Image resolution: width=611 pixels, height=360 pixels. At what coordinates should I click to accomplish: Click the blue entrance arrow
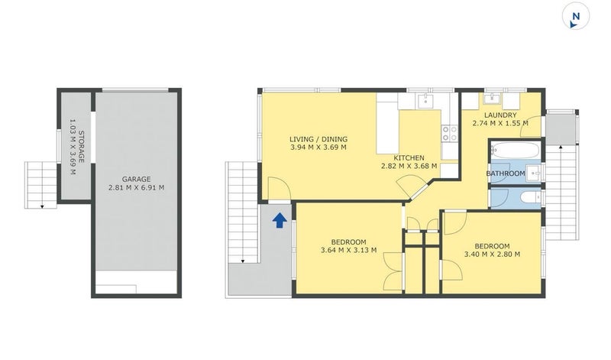[280, 221]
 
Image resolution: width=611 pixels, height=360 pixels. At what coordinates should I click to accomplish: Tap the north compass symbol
[575, 17]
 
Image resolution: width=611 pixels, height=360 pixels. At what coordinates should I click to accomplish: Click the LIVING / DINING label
[318, 139]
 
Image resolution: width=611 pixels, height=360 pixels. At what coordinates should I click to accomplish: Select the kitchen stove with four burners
[450, 135]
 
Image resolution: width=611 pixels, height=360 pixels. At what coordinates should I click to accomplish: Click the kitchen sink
[426, 100]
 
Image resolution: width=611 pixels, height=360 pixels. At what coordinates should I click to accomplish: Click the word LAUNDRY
[499, 115]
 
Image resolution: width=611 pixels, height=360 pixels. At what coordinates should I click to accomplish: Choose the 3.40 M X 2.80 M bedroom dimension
[492, 254]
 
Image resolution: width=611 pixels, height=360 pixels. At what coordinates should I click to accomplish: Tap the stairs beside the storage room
[42, 184]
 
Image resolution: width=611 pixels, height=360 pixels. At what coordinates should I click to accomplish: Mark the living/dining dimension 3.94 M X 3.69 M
[318, 148]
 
